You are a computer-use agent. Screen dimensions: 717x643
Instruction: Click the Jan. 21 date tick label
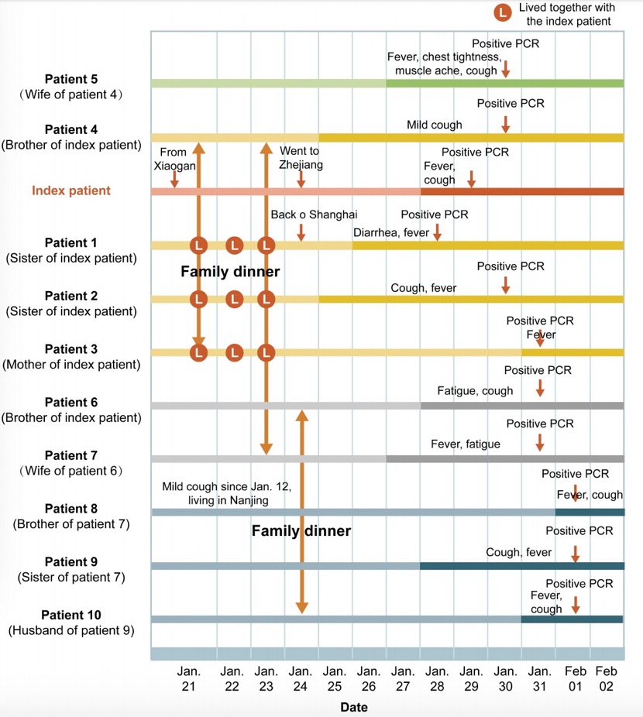coord(189,678)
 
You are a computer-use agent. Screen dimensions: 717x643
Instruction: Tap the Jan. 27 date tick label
coord(402,678)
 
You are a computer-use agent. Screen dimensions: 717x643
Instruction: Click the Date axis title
coord(353,707)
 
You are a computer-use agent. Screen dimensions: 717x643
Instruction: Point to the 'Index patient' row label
coord(71,190)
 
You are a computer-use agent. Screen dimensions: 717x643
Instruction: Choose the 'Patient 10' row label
coord(71,615)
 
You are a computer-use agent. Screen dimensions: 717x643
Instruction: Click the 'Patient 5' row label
coord(71,79)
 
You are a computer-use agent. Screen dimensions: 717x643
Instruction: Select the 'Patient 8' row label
coord(71,509)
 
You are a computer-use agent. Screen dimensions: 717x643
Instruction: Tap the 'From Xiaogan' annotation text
coord(174,160)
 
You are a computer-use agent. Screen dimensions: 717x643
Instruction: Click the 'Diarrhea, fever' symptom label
coord(391,232)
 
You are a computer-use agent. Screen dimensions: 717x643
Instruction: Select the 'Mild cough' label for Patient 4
coord(434,125)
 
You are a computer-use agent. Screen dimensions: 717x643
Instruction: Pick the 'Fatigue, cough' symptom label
coord(475,391)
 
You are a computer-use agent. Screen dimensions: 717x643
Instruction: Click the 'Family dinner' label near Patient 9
coord(301,531)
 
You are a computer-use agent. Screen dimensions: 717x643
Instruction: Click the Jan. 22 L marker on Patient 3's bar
coord(234,352)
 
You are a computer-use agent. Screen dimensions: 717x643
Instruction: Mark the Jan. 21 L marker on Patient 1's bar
coord(199,245)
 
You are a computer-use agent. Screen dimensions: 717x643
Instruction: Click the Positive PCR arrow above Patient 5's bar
coord(505,70)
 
